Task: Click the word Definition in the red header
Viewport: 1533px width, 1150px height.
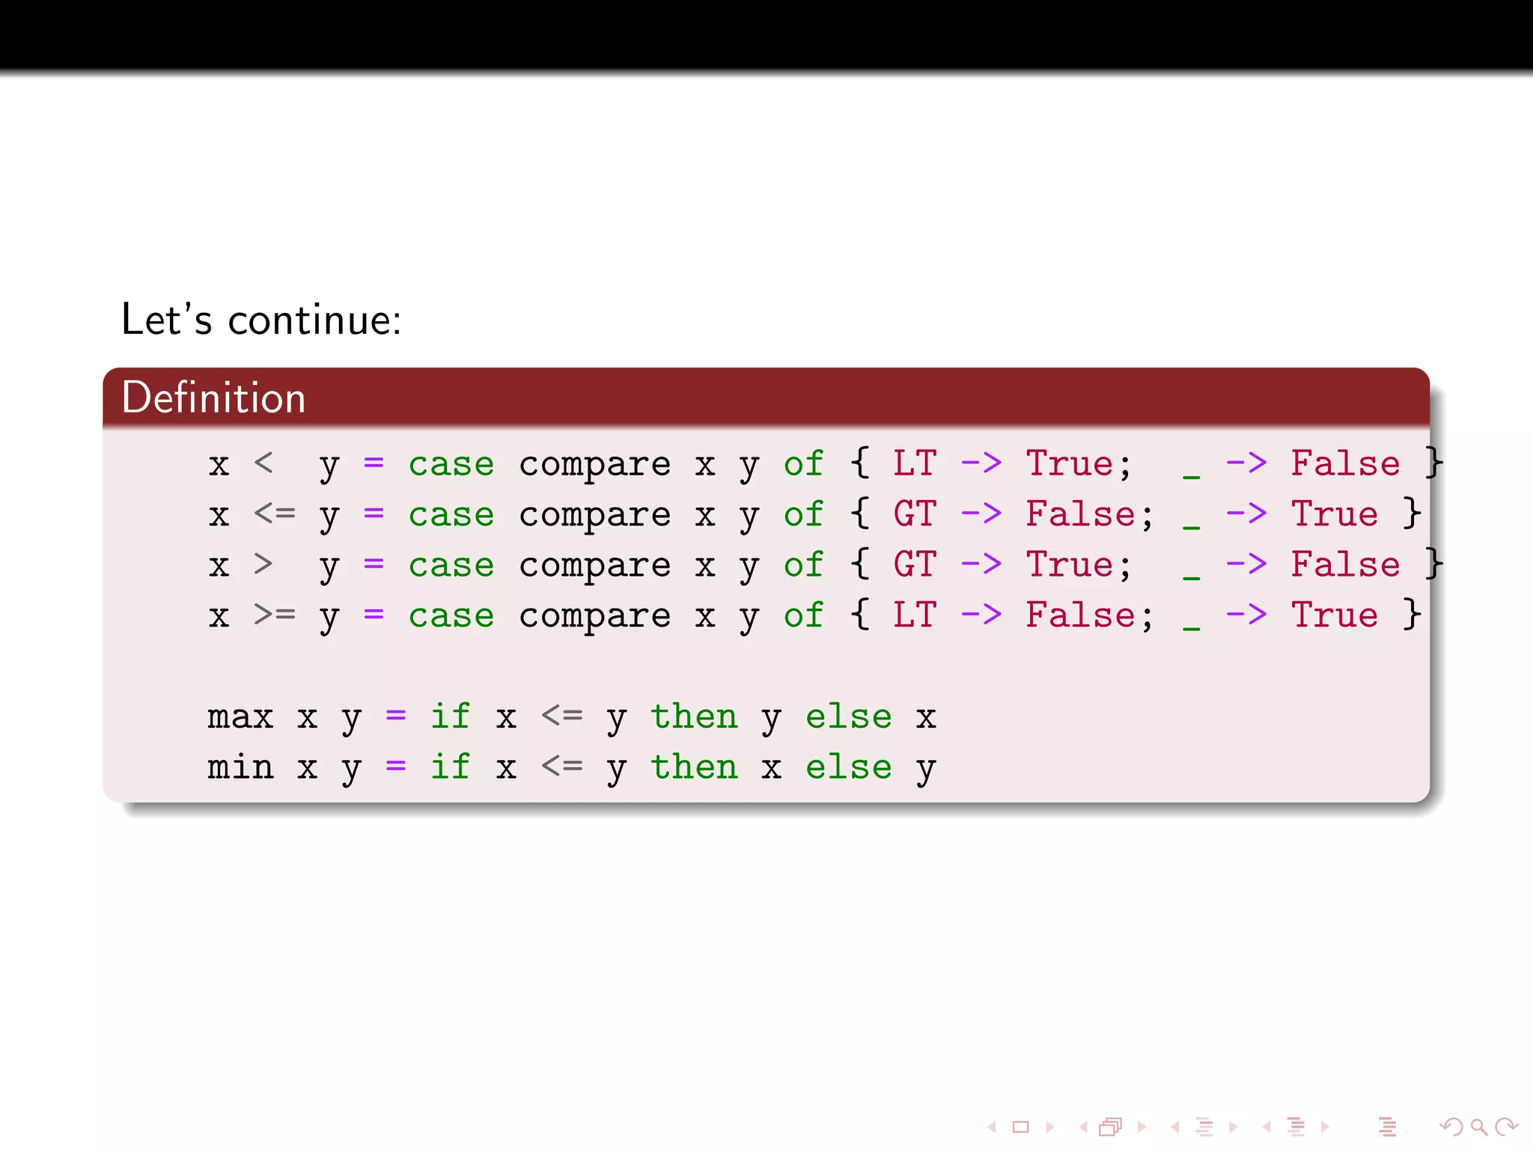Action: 213,398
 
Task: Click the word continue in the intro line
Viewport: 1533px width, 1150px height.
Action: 314,320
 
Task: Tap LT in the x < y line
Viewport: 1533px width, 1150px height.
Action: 914,463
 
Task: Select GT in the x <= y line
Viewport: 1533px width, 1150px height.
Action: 914,514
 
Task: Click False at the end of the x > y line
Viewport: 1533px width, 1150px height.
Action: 1345,565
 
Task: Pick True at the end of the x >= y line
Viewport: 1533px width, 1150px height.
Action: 1334,615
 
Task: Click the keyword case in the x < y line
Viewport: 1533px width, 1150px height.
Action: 451,465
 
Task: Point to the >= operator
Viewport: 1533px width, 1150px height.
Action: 274,615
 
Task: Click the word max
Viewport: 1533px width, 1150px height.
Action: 240,717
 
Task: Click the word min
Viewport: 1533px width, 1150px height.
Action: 240,767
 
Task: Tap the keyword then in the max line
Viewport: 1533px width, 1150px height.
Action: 694,717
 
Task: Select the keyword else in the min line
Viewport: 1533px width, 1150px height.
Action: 848,767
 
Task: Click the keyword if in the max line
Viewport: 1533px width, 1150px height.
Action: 451,717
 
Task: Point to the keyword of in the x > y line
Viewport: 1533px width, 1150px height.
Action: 803,565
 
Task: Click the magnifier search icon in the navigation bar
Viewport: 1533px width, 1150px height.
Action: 1478,1126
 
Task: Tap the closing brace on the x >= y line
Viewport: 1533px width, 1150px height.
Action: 1412,615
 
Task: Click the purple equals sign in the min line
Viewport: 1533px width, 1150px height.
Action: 395,767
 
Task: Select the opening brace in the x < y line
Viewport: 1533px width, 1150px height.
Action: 859,463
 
